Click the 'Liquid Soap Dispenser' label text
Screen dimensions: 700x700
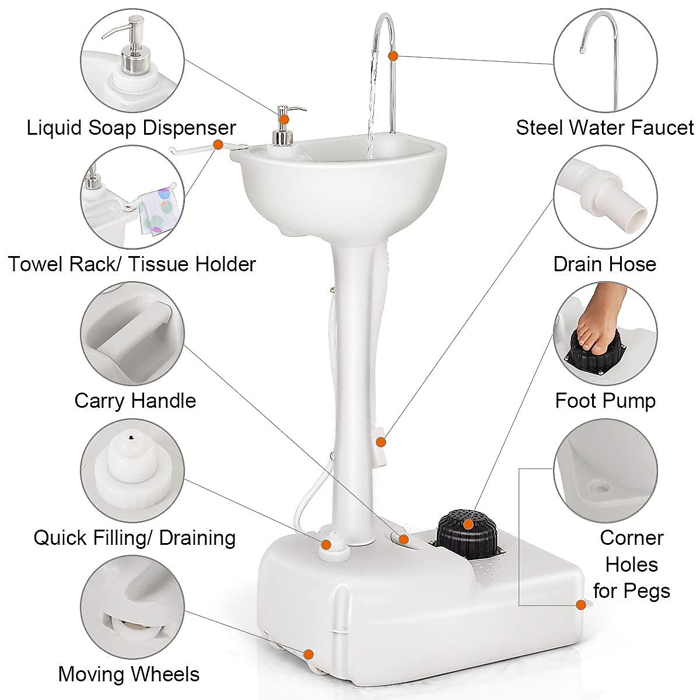(x=131, y=127)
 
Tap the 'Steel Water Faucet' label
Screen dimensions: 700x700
(x=605, y=127)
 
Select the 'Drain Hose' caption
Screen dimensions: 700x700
(x=604, y=264)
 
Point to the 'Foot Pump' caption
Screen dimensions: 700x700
(x=605, y=401)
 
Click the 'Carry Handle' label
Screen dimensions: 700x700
(x=135, y=401)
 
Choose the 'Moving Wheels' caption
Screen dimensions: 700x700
(x=128, y=674)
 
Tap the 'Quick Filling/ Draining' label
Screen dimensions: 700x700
(x=134, y=537)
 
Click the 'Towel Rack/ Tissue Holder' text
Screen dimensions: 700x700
(x=132, y=264)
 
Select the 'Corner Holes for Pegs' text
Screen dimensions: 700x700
(x=632, y=564)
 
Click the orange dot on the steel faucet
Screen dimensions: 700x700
(x=393, y=55)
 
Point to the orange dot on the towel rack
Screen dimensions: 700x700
(x=218, y=144)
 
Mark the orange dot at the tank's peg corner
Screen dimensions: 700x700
(x=580, y=605)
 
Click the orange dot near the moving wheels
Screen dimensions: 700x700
(x=309, y=654)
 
